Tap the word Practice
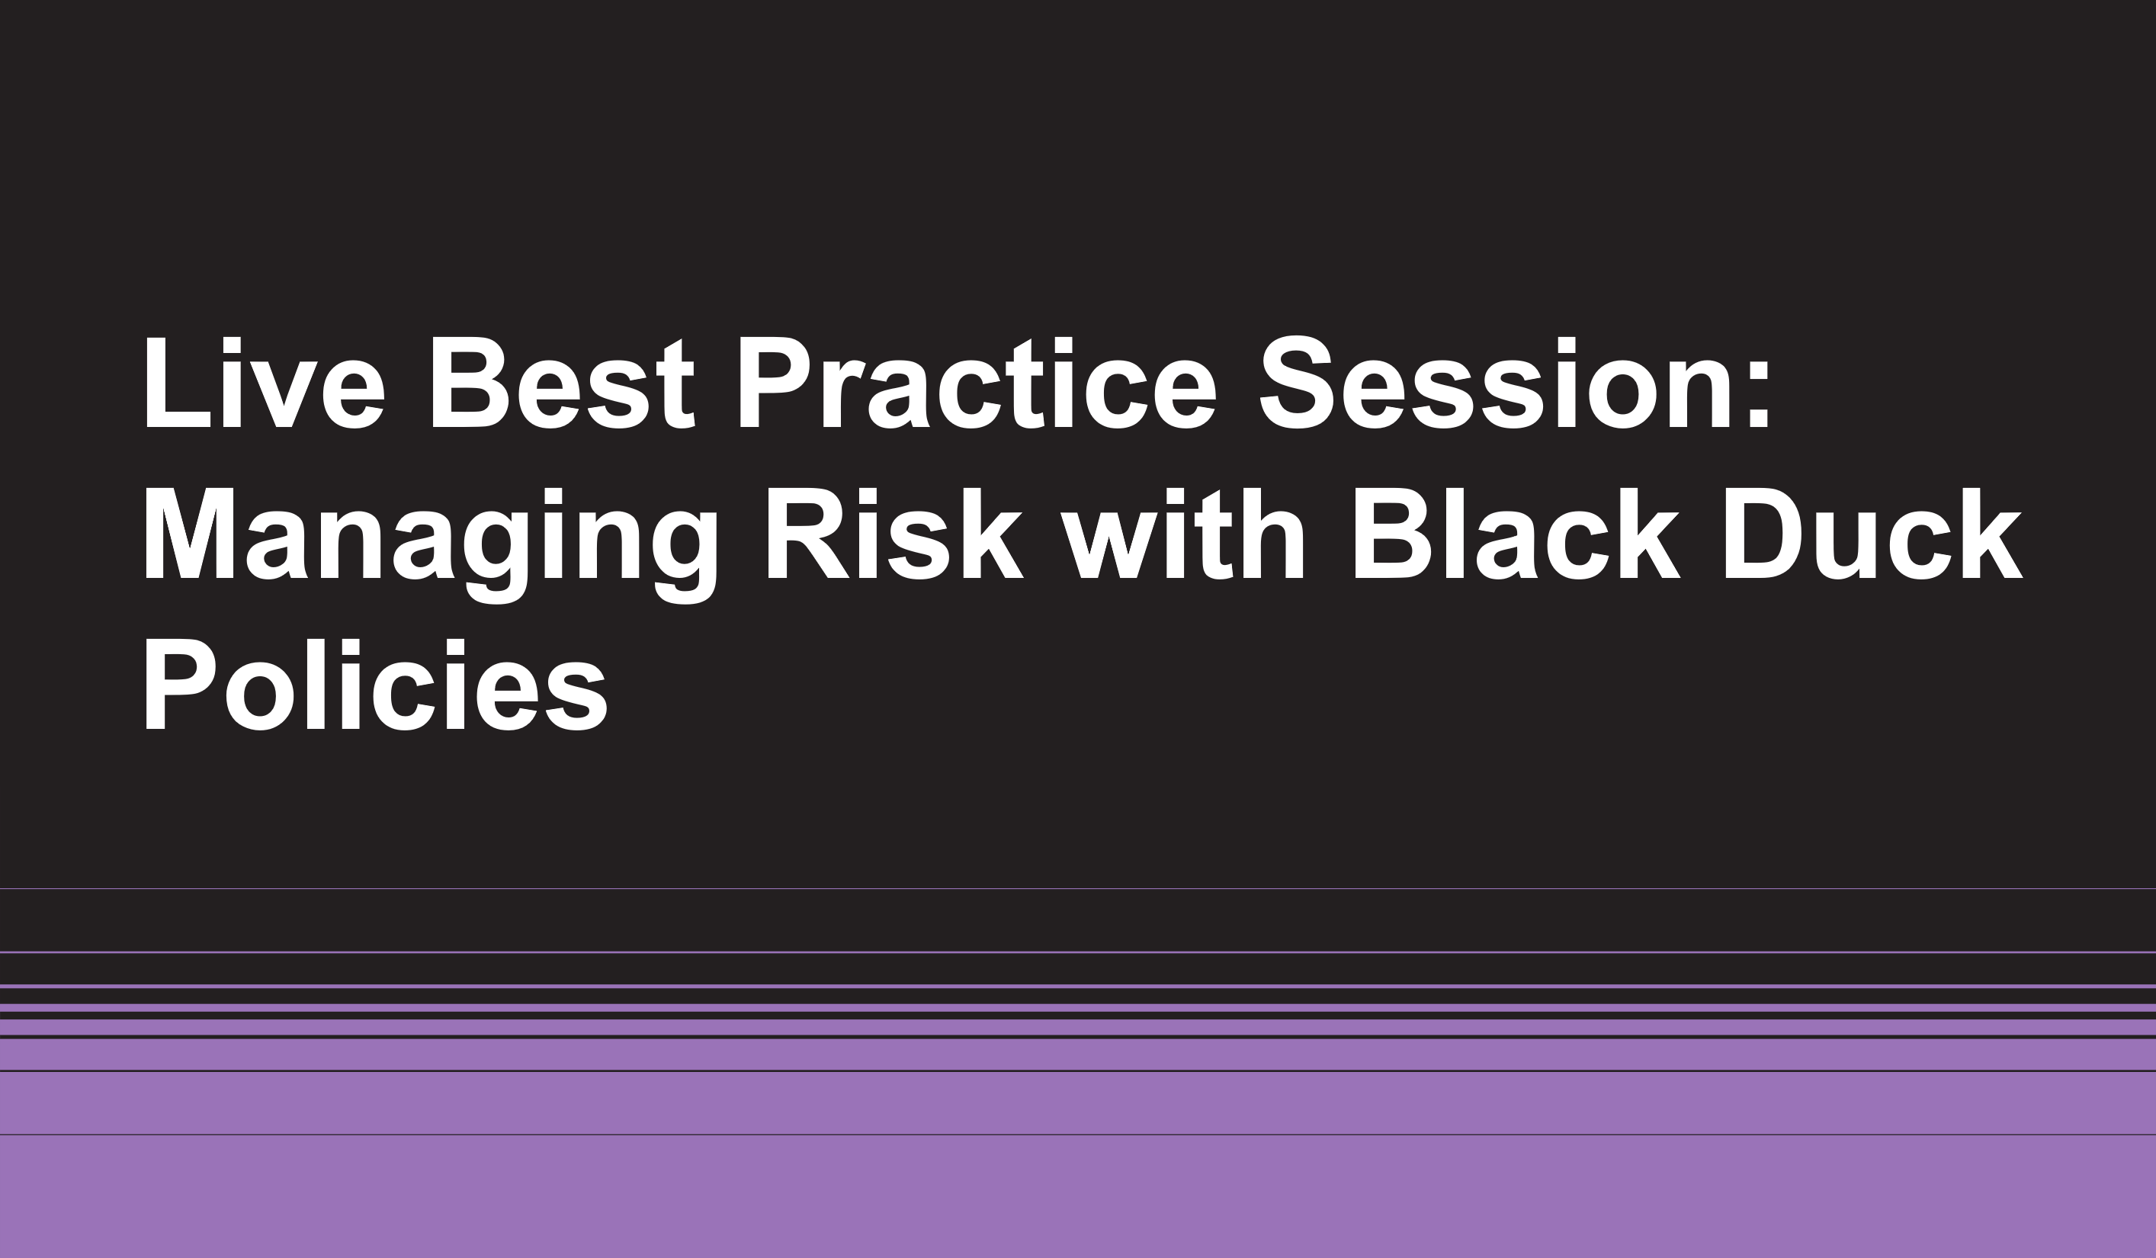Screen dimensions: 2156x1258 pyautogui.click(x=978, y=382)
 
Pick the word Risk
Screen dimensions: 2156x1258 pyautogui.click(x=895, y=534)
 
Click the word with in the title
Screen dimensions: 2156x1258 pyautogui.click(x=1182, y=534)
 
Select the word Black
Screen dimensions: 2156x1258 pyautogui.click(x=1517, y=534)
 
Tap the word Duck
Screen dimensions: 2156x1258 pyautogui.click(x=1874, y=534)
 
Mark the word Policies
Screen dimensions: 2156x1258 pyautogui.click(x=377, y=685)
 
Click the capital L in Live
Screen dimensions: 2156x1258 pyautogui.click(x=178, y=383)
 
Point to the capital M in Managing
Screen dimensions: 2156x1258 pyautogui.click(x=189, y=533)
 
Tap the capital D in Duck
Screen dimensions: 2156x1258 pyautogui.click(x=1763, y=533)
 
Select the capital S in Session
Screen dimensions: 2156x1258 pyautogui.click(x=1296, y=382)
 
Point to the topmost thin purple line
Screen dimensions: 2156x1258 pyautogui.click(x=1078, y=889)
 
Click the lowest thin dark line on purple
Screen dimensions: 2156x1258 pyautogui.click(x=1078, y=1134)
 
